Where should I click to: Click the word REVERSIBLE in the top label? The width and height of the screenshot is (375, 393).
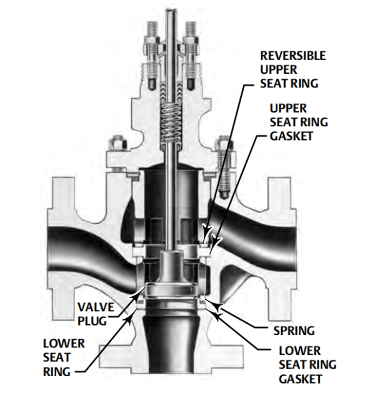[292, 55]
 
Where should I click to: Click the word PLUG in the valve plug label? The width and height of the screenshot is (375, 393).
[97, 320]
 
